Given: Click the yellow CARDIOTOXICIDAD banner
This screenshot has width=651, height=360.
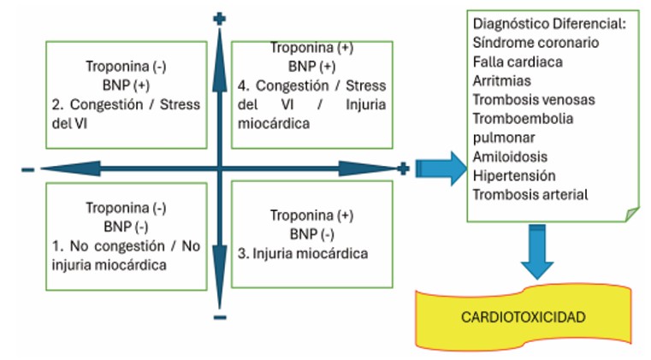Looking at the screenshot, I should coord(523,317).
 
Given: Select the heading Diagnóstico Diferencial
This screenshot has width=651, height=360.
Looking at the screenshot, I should coord(548,24).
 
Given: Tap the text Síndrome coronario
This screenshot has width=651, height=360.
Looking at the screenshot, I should coord(535,42).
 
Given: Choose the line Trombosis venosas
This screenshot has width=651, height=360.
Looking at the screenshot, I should coord(533,99).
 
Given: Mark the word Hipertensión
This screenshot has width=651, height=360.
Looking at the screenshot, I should coord(513,175).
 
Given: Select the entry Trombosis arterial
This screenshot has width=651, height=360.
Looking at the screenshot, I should coord(530,194).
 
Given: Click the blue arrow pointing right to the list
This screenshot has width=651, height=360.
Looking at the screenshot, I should coord(437,168).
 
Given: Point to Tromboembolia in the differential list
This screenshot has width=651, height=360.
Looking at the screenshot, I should coord(523,118).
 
